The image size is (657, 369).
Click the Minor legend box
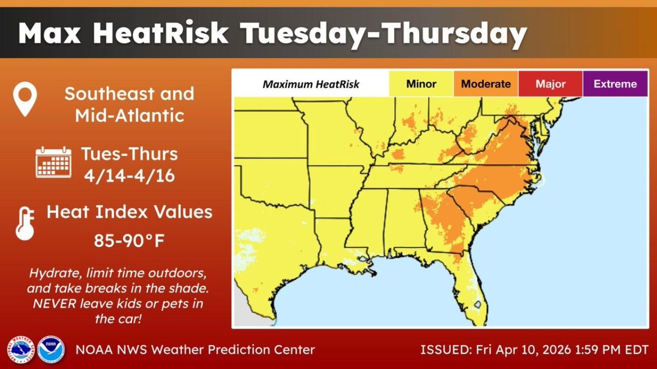[x=421, y=84]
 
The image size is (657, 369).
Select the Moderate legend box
[x=486, y=84]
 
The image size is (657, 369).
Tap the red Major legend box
[x=550, y=84]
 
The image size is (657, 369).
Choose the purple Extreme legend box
[x=615, y=84]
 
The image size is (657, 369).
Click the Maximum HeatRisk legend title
[x=311, y=84]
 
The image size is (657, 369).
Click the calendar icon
[x=53, y=162]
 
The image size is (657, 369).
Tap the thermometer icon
[x=25, y=223]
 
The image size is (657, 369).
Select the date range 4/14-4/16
[x=129, y=176]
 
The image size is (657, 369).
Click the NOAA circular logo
[x=51, y=350]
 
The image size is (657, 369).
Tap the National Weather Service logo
[x=21, y=350]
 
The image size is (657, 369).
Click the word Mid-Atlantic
[x=129, y=115]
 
